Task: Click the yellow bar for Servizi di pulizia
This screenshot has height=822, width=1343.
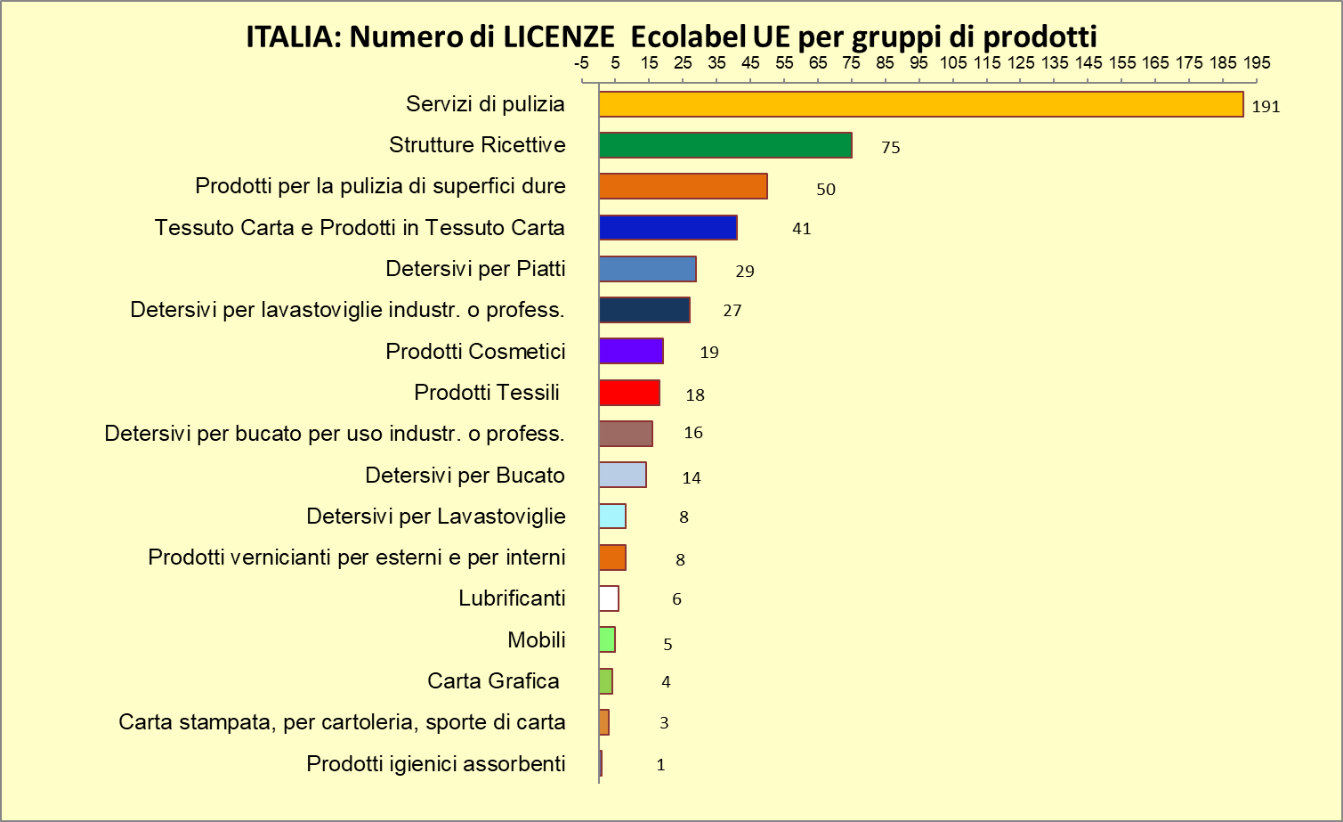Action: point(920,104)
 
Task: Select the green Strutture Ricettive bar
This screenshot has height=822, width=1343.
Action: point(724,145)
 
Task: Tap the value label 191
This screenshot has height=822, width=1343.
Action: point(1266,107)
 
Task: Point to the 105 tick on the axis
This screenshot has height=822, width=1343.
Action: point(953,63)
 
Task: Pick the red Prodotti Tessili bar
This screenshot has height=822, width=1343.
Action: point(629,393)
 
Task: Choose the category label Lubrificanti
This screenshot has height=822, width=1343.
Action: point(512,598)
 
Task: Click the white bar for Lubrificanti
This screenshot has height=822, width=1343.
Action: point(609,598)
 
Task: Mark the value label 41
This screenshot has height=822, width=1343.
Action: point(801,229)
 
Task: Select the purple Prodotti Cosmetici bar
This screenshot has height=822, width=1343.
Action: point(631,351)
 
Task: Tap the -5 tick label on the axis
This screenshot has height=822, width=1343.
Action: point(582,63)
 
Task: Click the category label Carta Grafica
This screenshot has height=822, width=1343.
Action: point(493,681)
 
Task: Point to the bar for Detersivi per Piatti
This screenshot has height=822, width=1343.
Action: point(647,269)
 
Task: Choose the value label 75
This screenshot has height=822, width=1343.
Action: point(890,148)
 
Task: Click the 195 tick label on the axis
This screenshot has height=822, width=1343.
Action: point(1257,63)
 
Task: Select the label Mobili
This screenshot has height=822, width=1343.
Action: point(537,640)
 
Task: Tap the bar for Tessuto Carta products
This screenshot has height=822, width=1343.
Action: point(667,228)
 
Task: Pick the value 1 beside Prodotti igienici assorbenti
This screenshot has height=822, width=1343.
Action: point(660,765)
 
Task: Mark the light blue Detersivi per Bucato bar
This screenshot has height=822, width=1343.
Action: point(622,475)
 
